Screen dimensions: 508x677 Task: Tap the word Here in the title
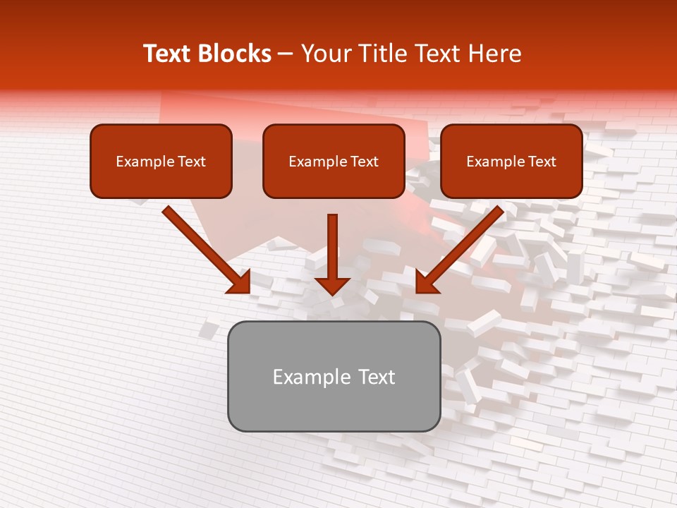pos(494,54)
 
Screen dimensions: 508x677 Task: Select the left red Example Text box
pos(161,161)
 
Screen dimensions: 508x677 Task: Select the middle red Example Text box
pos(334,161)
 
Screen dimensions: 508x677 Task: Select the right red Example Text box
pos(511,161)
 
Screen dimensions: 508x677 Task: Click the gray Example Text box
pos(334,376)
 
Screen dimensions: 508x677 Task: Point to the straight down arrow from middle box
pos(332,250)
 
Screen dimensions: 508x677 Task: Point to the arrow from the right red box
pos(462,247)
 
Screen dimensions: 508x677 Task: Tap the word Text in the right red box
pos(542,162)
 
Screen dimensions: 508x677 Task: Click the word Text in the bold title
pos(167,54)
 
